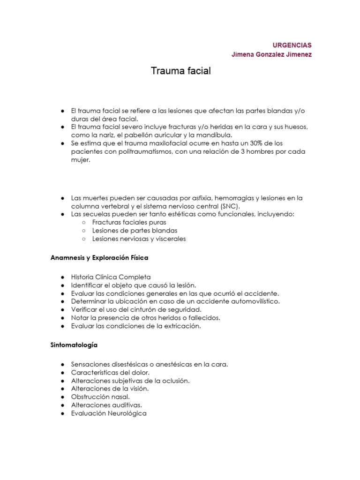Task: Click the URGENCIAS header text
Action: click(x=292, y=45)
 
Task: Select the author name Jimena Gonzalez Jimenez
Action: click(x=271, y=54)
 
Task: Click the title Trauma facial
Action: click(x=181, y=71)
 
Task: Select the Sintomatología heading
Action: click(x=74, y=345)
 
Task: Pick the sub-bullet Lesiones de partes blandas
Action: click(x=135, y=231)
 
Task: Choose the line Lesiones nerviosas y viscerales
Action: click(x=139, y=239)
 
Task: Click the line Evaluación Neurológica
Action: click(x=109, y=413)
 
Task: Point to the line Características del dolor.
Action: click(x=110, y=373)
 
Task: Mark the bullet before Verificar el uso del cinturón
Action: click(x=62, y=310)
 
